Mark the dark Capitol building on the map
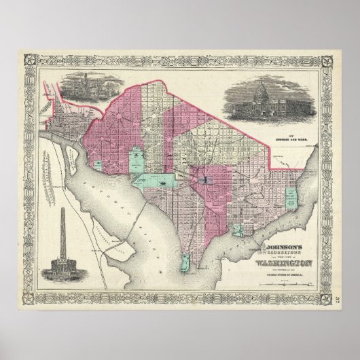coord(205,181)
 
